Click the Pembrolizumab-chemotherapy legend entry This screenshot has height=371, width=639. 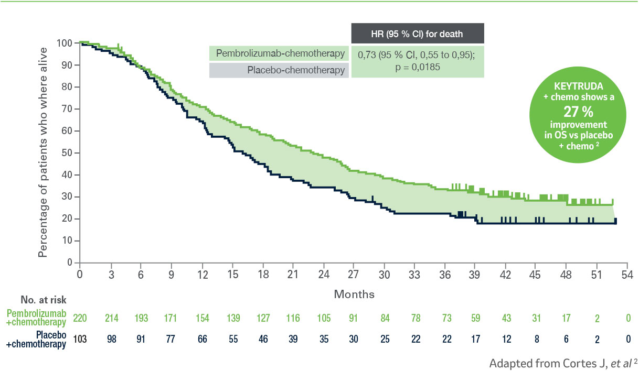click(x=279, y=53)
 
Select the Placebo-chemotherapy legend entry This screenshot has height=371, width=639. click(x=279, y=70)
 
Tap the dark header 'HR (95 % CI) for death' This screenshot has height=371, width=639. click(x=417, y=35)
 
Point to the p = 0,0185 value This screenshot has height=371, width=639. click(x=417, y=68)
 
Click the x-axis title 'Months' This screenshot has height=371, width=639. click(x=354, y=294)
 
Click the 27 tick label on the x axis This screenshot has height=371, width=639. click(x=354, y=274)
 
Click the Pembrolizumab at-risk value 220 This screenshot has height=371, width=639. click(x=80, y=318)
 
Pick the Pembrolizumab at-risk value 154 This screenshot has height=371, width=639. click(x=202, y=318)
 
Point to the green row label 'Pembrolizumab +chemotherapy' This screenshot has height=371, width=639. click(x=36, y=318)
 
